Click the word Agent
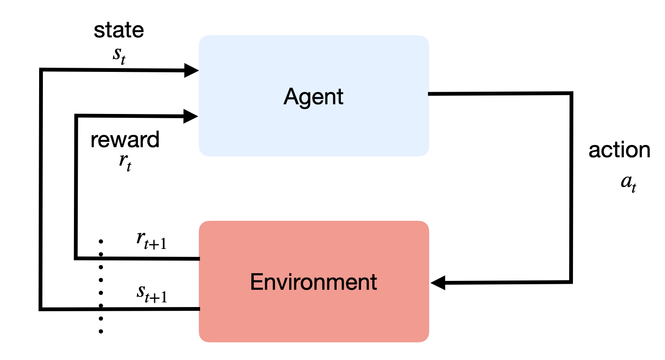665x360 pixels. tap(313, 97)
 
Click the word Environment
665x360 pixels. tap(313, 282)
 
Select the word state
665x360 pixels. tap(119, 30)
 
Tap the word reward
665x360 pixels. tap(125, 140)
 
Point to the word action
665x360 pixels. tap(619, 150)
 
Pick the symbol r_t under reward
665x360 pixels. tap(125, 162)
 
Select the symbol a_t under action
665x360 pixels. tap(628, 183)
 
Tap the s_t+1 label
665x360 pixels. tap(152, 294)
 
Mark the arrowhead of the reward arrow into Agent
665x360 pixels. tap(191, 116)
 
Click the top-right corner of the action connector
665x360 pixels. tap(571, 94)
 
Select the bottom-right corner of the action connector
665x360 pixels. tap(571, 281)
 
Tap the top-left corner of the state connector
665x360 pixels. tap(41, 70)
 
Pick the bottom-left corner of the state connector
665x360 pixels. tap(41, 309)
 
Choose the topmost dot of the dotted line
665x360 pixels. tap(101, 241)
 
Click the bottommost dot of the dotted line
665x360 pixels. tap(101, 331)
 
